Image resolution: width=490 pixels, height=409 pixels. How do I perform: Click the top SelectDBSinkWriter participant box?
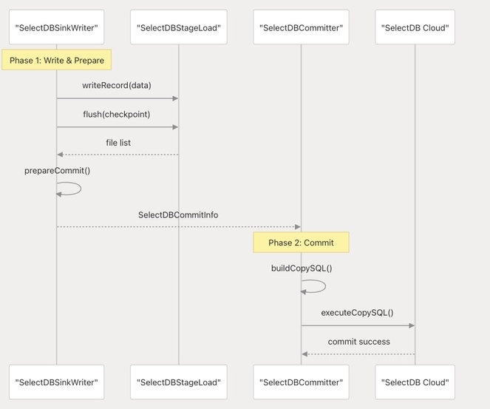coord(57,27)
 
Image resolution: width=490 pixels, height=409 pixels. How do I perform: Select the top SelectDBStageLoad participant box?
coord(179,27)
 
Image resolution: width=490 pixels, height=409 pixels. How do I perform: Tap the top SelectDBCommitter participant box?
coord(301,27)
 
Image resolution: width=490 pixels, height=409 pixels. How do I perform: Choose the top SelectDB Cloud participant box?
coord(415,27)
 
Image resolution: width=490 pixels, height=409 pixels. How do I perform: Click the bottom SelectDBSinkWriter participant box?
coord(57,382)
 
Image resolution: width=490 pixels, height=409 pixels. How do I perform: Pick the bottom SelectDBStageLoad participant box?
coord(179,382)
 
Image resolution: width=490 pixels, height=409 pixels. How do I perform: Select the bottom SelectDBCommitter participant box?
coord(301,382)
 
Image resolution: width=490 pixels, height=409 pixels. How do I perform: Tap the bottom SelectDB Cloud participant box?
coord(415,382)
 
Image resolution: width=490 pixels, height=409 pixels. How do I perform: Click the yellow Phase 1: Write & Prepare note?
coord(57,60)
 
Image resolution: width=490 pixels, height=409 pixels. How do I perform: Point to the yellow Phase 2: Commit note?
coord(301,243)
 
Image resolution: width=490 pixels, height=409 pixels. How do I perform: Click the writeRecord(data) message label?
coord(117,85)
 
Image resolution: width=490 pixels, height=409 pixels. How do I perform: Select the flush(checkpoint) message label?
coord(117,115)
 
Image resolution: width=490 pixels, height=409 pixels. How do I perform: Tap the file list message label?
coord(118,143)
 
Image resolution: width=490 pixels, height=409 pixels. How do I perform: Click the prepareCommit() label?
coord(57,171)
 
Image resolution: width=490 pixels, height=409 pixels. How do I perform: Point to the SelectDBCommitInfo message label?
coord(178,214)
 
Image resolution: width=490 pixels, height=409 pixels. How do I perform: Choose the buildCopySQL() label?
coord(302,268)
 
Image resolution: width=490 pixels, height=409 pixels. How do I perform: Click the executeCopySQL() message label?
coord(357,313)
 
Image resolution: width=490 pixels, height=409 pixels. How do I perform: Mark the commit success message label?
coord(358,342)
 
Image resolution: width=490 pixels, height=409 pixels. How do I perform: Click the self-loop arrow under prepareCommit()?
coord(81,189)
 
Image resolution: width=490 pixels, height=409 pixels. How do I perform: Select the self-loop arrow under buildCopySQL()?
coord(326,286)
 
